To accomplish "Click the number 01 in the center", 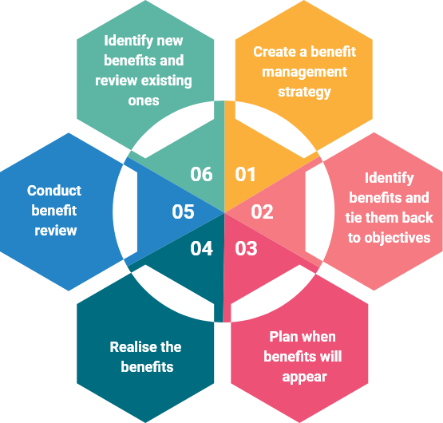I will click(245, 174).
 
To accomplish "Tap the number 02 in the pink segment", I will click(262, 211).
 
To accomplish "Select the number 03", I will click(246, 249).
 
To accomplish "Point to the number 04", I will click(201, 249).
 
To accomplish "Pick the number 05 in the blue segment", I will click(183, 211).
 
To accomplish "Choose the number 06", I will click(201, 174).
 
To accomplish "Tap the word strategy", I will click(304, 92).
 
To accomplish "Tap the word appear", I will click(304, 376).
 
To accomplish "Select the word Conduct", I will click(54, 191).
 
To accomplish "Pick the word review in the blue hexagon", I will click(56, 231).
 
